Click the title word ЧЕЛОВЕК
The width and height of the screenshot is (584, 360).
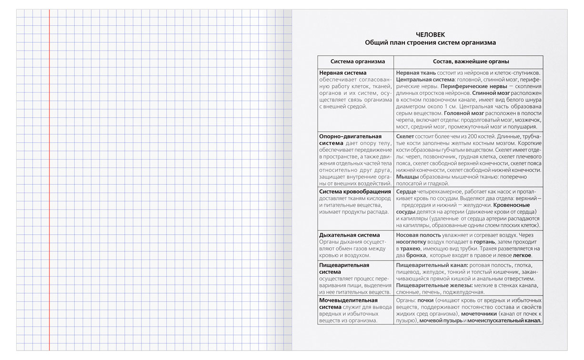coord(430,34)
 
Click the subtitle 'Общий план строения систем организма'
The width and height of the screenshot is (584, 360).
coord(430,42)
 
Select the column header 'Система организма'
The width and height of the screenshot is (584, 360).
coord(355,61)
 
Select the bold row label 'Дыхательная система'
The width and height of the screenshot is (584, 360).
coord(349,235)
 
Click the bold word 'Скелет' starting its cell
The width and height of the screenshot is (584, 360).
coord(405,137)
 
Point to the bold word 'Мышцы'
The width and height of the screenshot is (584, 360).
coord(407,177)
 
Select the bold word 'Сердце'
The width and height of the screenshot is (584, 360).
coord(406,191)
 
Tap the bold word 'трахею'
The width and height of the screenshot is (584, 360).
coord(409,249)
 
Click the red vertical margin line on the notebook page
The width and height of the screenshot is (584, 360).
coord(49,190)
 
